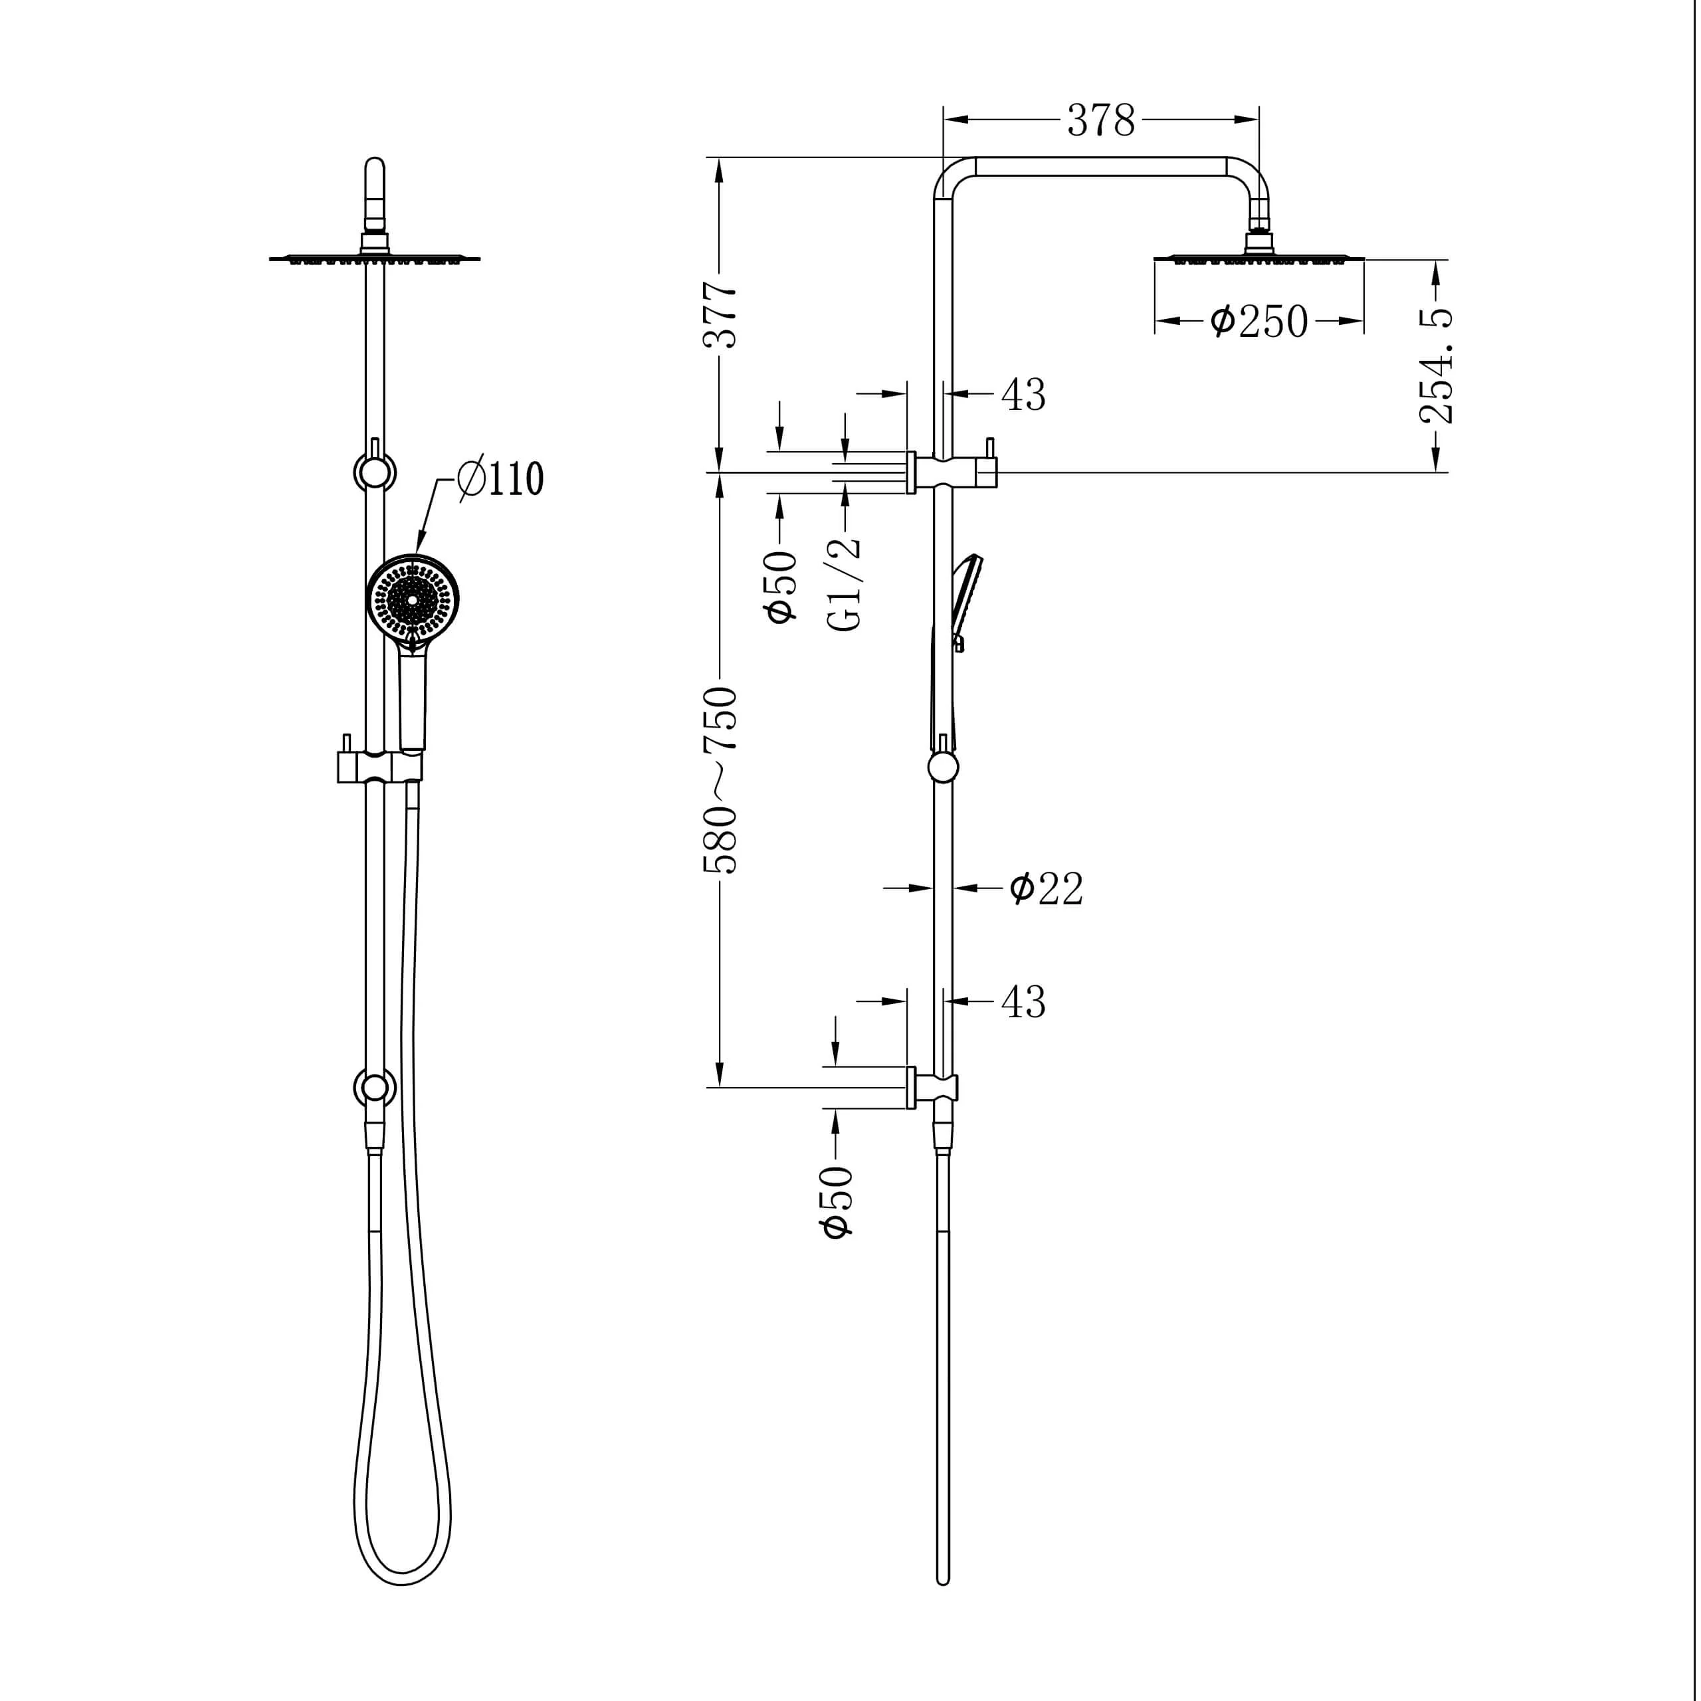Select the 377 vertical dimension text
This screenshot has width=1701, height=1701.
coord(720,315)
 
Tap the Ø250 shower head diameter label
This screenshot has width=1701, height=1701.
coord(1259,322)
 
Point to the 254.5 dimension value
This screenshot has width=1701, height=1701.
coord(1436,365)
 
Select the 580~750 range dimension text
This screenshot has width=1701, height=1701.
coord(720,779)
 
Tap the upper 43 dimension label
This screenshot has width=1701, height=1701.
coord(1023,395)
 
